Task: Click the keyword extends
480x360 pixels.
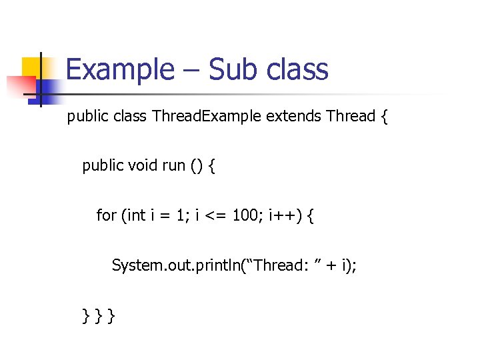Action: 293,117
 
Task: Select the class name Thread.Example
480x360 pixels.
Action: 207,117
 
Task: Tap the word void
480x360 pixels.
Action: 142,165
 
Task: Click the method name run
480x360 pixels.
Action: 174,165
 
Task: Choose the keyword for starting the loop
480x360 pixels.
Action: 106,215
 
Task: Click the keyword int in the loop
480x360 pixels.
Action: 136,215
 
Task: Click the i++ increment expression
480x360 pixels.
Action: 284,215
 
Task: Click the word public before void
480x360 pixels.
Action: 103,165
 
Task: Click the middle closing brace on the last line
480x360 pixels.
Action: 98,315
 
